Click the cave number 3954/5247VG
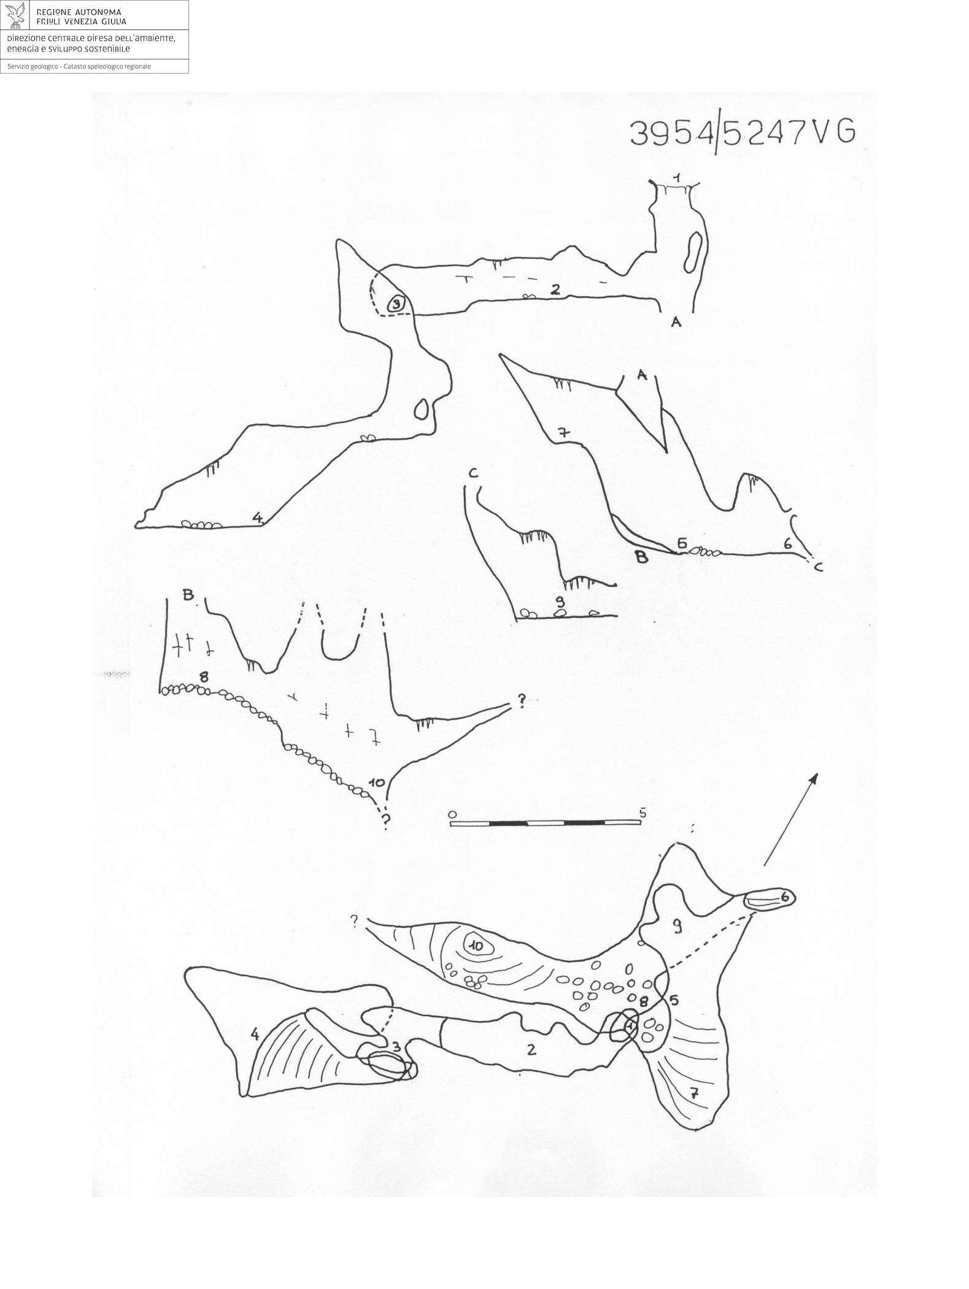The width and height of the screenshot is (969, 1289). click(743, 132)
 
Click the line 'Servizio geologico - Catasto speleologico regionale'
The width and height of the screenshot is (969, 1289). click(79, 66)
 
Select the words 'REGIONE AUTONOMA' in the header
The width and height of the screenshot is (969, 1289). click(79, 12)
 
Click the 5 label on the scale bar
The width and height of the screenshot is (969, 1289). click(642, 813)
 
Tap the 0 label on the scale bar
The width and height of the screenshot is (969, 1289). click(452, 814)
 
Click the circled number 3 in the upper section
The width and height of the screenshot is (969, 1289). click(396, 303)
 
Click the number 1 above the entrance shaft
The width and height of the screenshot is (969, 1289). click(676, 177)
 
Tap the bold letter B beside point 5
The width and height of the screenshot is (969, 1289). click(641, 557)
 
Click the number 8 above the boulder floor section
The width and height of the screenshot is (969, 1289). click(204, 677)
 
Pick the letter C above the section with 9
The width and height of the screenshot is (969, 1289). click(473, 473)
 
